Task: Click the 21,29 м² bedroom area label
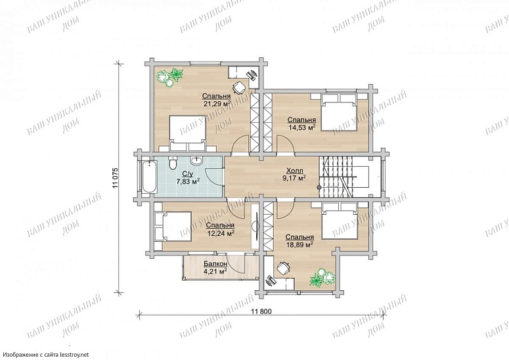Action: pyautogui.click(x=217, y=104)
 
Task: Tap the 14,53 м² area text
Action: pyautogui.click(x=301, y=127)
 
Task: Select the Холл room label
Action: pyautogui.click(x=294, y=171)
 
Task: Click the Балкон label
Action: pyautogui.click(x=215, y=263)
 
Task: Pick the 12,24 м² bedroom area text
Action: pyautogui.click(x=221, y=233)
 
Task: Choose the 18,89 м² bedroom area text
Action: pyautogui.click(x=299, y=245)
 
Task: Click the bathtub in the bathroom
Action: pyautogui.click(x=149, y=177)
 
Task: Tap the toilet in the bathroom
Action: pyautogui.click(x=173, y=162)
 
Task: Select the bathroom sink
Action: pyautogui.click(x=197, y=161)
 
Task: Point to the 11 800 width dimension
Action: pyautogui.click(x=261, y=311)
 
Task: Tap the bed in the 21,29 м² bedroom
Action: pyautogui.click(x=188, y=133)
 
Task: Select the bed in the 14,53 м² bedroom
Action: pyautogui.click(x=339, y=112)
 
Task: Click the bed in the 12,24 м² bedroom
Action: pyautogui.click(x=172, y=226)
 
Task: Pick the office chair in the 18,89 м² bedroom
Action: pyautogui.click(x=283, y=268)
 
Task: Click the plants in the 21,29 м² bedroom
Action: pyautogui.click(x=169, y=78)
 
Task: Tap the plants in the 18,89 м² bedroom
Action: pyautogui.click(x=322, y=278)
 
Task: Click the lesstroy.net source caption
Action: pyautogui.click(x=46, y=355)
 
